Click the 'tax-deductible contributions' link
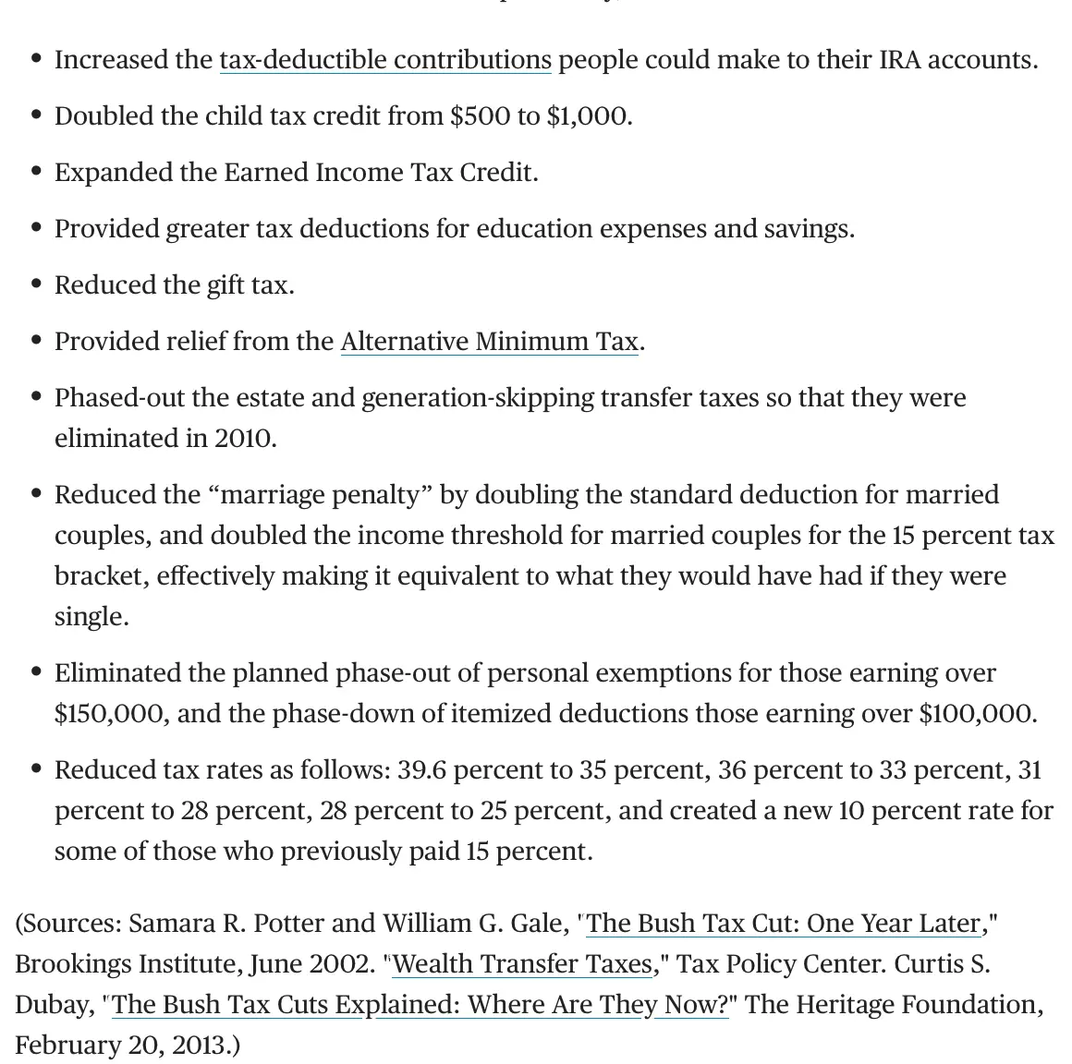click(384, 60)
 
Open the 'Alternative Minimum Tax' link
click(489, 342)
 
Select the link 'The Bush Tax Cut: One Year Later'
click(783, 924)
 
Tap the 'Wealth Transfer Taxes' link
click(523, 964)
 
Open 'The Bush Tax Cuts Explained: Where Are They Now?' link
click(420, 1005)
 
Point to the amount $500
click(480, 116)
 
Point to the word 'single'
click(90, 616)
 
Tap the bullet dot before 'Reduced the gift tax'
click(36, 284)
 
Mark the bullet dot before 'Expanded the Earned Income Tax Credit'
click(36, 172)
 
